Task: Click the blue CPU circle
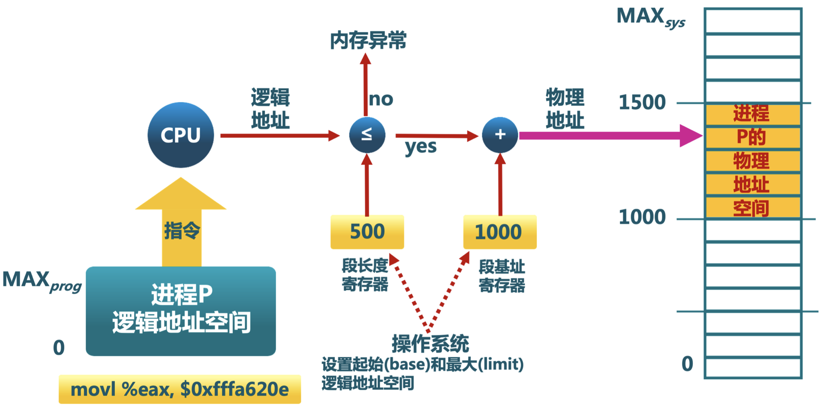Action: [180, 135]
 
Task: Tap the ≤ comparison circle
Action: [367, 135]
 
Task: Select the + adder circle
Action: [500, 135]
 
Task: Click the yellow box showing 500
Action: [367, 232]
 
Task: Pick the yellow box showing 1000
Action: [500, 232]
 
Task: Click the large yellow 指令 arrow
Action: [181, 224]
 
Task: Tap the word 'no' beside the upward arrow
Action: [381, 99]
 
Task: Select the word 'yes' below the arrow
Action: [421, 147]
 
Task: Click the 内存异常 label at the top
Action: [368, 40]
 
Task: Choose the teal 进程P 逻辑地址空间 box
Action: [181, 311]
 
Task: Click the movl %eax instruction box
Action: [180, 389]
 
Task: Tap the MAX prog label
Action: [41, 281]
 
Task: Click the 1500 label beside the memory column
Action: [642, 102]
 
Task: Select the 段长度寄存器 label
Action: [365, 275]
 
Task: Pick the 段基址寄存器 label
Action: [502, 276]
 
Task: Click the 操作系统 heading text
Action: [430, 344]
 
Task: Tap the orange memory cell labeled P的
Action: [753, 137]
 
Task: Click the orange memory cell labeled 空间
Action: [753, 208]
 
